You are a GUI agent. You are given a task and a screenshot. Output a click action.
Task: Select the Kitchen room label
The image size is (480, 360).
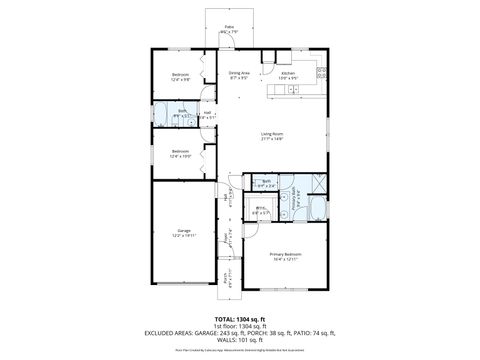(x=288, y=73)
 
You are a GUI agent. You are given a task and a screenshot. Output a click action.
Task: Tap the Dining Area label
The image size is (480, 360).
(x=239, y=73)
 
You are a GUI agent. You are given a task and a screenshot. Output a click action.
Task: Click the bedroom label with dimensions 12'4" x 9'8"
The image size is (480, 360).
(x=180, y=75)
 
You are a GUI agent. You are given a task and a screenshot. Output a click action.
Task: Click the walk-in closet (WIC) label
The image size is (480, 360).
(x=259, y=208)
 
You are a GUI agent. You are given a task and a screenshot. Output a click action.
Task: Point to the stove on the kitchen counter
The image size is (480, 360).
(x=321, y=71)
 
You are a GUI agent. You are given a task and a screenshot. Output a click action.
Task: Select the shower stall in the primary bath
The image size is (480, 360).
(x=319, y=183)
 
